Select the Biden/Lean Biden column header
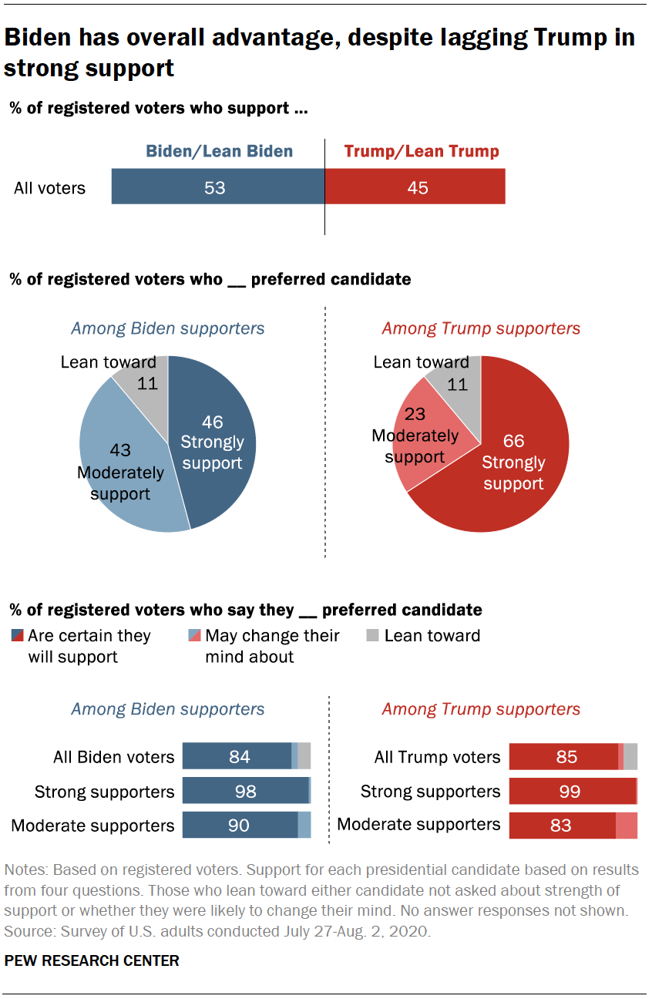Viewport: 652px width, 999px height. [220, 151]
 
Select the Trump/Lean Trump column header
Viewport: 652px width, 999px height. [421, 151]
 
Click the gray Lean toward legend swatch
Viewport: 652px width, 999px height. [371, 636]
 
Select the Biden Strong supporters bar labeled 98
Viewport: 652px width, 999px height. [245, 791]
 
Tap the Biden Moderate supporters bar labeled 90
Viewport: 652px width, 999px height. [240, 825]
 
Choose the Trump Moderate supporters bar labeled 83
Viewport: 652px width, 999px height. [562, 825]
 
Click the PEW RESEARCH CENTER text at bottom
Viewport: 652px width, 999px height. [92, 960]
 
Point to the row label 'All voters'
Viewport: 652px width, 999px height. [50, 188]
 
